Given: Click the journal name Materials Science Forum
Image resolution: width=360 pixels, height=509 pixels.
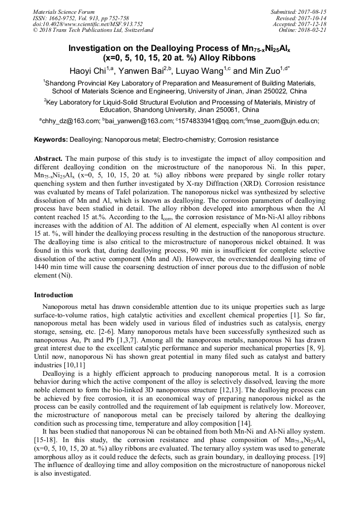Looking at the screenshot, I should pyautogui.click(x=64, y=12).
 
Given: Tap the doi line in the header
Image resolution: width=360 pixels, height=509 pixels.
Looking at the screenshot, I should pyautogui.click(x=88, y=24).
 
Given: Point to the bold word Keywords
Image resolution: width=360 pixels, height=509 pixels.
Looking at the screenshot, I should pyautogui.click(x=50, y=140).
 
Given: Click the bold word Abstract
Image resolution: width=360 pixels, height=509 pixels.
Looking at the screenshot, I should pyautogui.click(x=48, y=159).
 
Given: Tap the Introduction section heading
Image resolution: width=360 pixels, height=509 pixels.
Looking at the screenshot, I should pyautogui.click(x=54, y=295).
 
